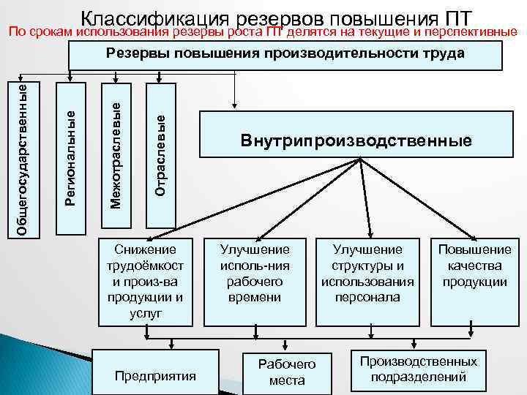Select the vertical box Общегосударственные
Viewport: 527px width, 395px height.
[x=23, y=158]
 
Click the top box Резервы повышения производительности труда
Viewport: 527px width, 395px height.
[x=285, y=55]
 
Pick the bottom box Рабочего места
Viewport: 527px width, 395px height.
[x=287, y=372]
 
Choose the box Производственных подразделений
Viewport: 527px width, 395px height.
[x=419, y=369]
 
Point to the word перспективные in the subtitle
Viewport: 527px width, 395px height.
[x=473, y=33]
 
